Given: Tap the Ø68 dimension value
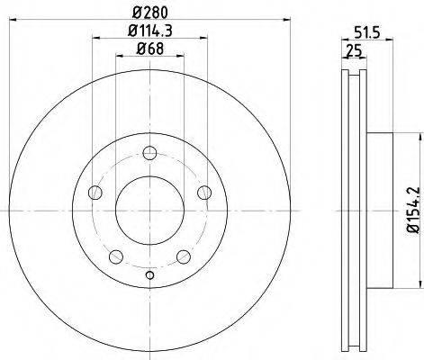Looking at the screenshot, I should click(150, 51).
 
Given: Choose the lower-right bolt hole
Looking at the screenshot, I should click(183, 256).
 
